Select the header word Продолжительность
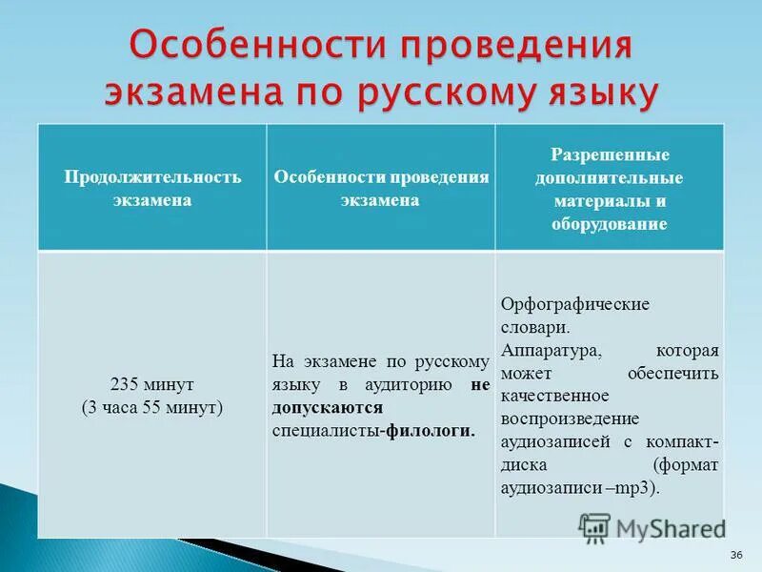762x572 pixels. point(152,177)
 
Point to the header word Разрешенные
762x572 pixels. point(610,154)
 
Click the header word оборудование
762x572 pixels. point(610,225)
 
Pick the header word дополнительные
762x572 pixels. point(610,178)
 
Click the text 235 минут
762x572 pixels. point(152,384)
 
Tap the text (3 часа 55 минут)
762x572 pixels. point(152,407)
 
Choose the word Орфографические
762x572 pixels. point(574,304)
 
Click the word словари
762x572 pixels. point(535,327)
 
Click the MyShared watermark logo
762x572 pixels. point(652,528)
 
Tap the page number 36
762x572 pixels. point(735,556)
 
